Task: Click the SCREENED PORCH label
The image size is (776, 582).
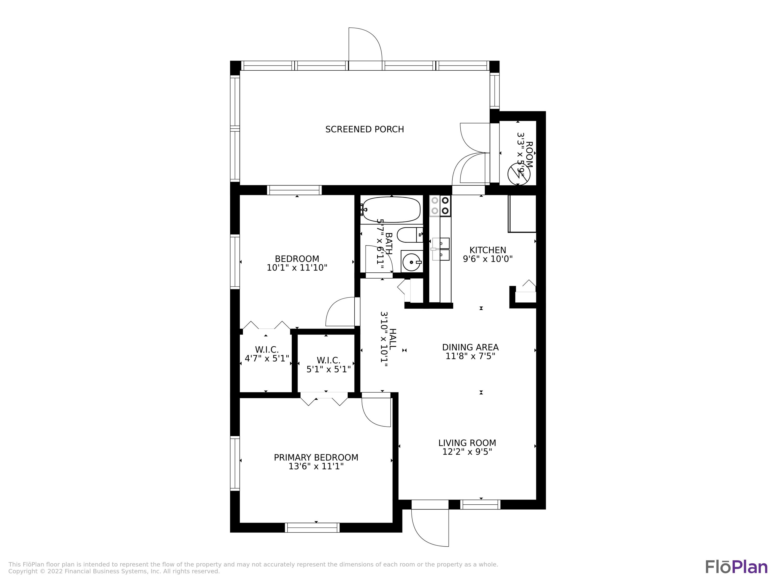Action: (364, 129)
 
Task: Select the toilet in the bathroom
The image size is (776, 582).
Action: (409, 235)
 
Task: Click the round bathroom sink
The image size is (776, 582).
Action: (411, 262)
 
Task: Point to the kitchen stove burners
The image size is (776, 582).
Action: (440, 206)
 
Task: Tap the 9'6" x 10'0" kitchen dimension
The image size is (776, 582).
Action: (488, 259)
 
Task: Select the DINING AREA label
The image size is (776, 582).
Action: (470, 347)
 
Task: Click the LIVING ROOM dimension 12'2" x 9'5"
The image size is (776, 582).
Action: (467, 452)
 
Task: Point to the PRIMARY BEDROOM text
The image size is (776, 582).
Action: (316, 458)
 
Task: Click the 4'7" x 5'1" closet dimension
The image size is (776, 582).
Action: (267, 359)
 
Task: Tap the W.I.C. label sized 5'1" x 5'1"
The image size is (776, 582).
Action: (328, 360)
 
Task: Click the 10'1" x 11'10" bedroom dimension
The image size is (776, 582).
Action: (297, 268)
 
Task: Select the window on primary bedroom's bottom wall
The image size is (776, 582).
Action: (312, 528)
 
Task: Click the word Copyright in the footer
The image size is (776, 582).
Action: (23, 571)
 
